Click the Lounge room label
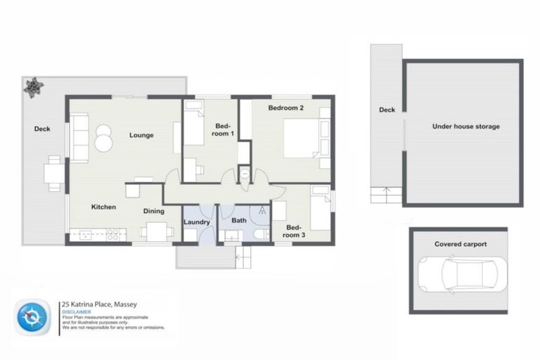point(141,135)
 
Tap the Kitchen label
point(103,207)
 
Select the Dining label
point(154,211)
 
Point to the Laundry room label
point(197,223)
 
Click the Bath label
point(239,221)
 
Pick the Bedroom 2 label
point(286,108)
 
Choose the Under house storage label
point(466,127)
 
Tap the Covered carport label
point(461,245)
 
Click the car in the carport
point(458,274)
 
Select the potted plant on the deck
point(33,87)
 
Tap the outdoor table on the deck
point(53,172)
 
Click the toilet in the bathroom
point(260,234)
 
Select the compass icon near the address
point(32,317)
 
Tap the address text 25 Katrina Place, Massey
point(99,304)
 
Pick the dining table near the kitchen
point(157,231)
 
